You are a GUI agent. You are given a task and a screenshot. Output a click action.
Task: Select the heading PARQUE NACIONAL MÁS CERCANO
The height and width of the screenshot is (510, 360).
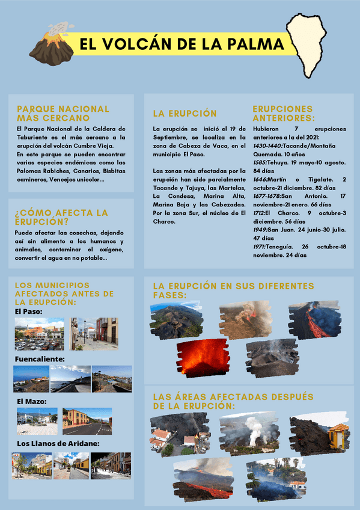tap(63, 113)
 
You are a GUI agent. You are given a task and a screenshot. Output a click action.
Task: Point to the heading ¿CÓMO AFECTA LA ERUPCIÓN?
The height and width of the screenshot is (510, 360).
tap(61, 217)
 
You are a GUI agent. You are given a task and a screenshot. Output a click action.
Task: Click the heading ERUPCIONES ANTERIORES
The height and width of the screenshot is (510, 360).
tap(283, 114)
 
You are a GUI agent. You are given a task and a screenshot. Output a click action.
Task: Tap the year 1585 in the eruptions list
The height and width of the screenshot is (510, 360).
tap(260, 162)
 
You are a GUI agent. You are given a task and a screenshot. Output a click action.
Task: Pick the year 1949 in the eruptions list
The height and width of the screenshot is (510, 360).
tap(260, 230)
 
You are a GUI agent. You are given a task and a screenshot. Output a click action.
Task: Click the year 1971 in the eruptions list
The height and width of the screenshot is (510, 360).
tap(260, 247)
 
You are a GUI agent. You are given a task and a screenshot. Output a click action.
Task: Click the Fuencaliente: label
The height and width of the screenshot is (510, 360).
tap(40, 359)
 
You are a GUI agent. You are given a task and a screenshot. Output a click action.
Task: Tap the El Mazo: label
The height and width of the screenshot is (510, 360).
tap(32, 401)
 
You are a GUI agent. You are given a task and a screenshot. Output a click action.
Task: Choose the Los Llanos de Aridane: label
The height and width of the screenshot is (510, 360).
tap(57, 444)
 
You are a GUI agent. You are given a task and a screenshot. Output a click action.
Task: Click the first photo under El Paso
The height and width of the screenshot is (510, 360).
tap(39, 334)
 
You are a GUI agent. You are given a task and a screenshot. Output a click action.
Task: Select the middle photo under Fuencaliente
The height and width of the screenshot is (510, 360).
tap(70, 379)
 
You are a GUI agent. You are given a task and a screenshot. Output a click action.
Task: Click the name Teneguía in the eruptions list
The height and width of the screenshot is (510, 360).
tap(280, 247)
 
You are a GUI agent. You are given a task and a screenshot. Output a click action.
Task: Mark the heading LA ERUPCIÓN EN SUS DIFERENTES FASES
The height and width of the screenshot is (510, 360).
tap(233, 290)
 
